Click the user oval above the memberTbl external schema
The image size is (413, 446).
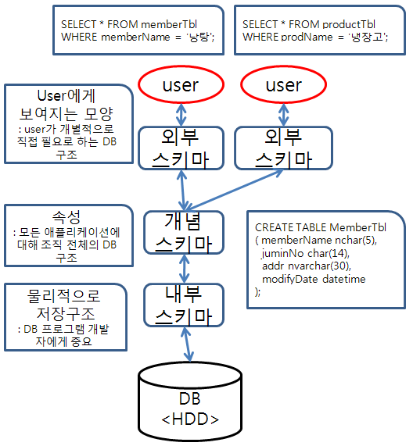[x=180, y=85]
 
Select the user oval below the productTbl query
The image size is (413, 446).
[x=283, y=85]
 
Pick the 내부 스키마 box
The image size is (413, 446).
[x=184, y=305]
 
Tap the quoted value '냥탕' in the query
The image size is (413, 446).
[x=206, y=37]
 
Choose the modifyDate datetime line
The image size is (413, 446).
[x=313, y=279]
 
